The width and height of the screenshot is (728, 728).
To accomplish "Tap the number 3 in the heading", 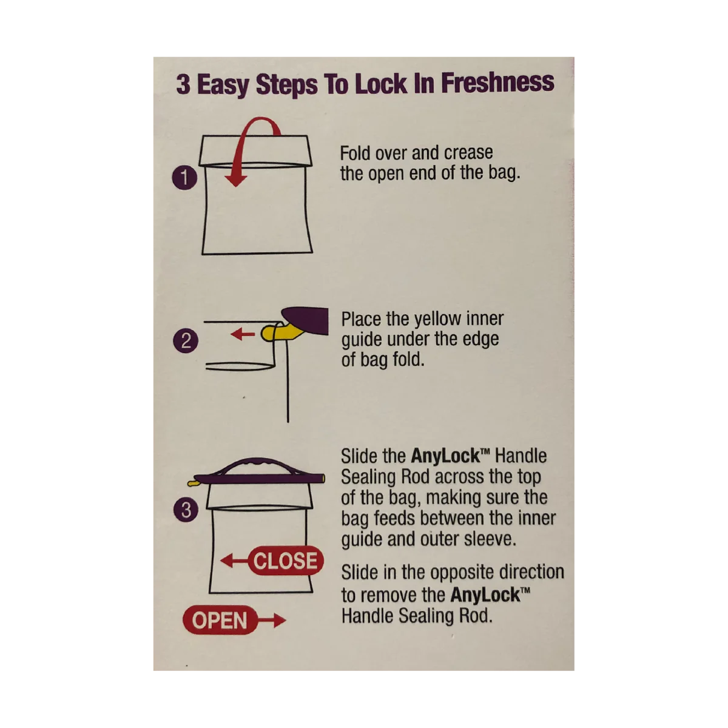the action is pos(183,84).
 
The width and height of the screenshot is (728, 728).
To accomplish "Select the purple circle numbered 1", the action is pos(185,178).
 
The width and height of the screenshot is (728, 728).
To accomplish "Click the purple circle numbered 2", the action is pos(186,341).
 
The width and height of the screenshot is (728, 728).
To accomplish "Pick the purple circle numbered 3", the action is pos(186,510).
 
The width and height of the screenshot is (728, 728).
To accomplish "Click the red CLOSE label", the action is pos(286,561).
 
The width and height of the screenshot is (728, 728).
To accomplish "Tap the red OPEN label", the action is pos(220,620).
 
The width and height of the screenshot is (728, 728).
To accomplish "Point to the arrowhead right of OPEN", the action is pos(280,621).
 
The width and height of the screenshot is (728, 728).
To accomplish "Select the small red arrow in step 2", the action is pos(243,334).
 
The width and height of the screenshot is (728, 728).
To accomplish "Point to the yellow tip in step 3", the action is pos(193,483).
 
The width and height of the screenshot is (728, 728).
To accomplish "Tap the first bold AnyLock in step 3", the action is pos(445,456).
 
